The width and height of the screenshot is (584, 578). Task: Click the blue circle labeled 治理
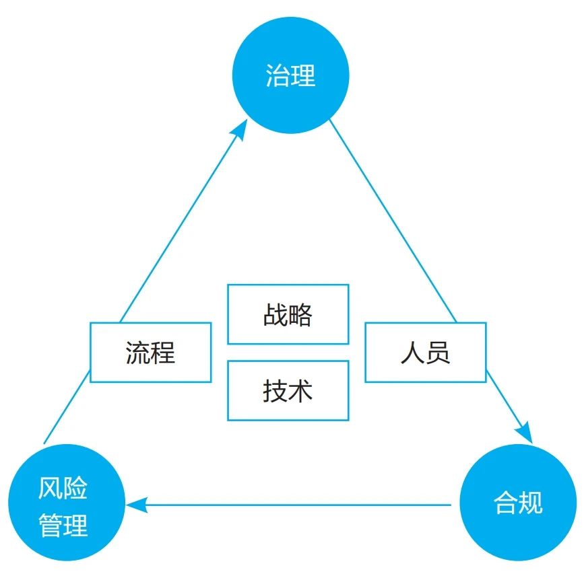point(290,75)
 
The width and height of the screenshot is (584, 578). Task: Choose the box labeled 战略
point(288,314)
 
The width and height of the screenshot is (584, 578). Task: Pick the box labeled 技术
point(288,391)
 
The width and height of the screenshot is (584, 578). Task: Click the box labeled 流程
point(151,353)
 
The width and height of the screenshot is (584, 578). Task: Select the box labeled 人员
point(425,353)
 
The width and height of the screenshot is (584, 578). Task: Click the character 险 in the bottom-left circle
point(76,489)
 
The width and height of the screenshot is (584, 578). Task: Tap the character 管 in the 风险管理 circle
point(51,526)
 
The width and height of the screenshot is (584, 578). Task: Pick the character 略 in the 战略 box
point(301,315)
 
